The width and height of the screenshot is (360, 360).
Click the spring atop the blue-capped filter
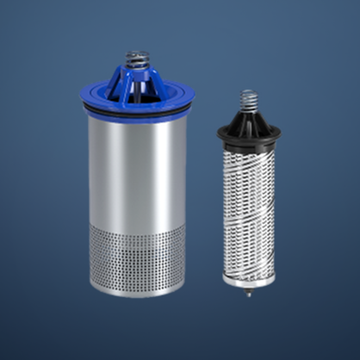(x=136, y=59)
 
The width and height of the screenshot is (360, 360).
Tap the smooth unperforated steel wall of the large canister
(x=138, y=164)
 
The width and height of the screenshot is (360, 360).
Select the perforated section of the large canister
(x=138, y=254)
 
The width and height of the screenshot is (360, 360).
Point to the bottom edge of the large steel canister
(x=138, y=294)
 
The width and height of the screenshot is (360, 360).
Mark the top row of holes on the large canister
(x=138, y=222)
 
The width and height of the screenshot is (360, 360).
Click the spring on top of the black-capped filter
(x=248, y=100)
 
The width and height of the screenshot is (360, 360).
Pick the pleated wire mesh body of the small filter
(x=249, y=207)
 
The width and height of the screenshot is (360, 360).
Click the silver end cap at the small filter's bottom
(x=249, y=278)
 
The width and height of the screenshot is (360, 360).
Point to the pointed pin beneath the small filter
(x=249, y=293)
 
